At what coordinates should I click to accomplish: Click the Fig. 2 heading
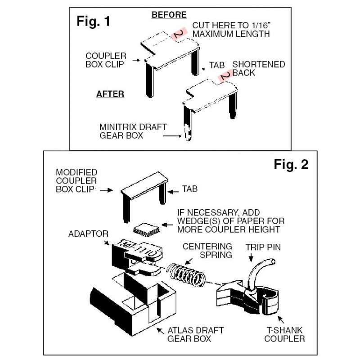coord(291,164)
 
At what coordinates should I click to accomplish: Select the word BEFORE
coord(169,15)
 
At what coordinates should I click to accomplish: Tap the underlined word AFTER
coord(110,94)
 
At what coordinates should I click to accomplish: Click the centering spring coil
coord(185,274)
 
